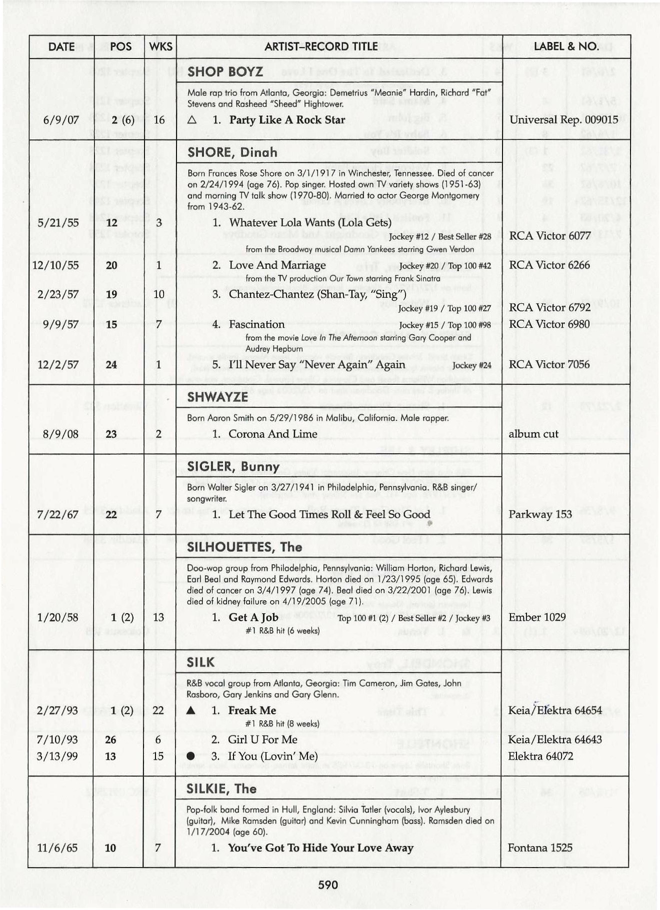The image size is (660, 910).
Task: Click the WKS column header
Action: pos(160,47)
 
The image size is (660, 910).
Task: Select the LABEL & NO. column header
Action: pos(566,47)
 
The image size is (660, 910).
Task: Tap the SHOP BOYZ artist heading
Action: pos(225,72)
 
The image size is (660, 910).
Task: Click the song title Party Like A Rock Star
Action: pos(287,120)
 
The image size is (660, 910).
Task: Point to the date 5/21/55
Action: pos(58,222)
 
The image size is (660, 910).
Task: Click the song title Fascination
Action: pos(256,324)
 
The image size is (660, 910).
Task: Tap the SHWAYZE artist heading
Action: pos(217,397)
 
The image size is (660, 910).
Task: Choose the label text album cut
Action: pos(533,434)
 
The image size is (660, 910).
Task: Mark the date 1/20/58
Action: pos(57,617)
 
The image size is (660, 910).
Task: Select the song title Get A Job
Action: pos(253,617)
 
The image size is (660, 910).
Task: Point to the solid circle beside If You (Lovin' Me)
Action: pos(190,757)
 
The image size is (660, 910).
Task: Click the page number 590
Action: pos(328,885)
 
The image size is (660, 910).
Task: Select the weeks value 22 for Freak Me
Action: pos(158,711)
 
